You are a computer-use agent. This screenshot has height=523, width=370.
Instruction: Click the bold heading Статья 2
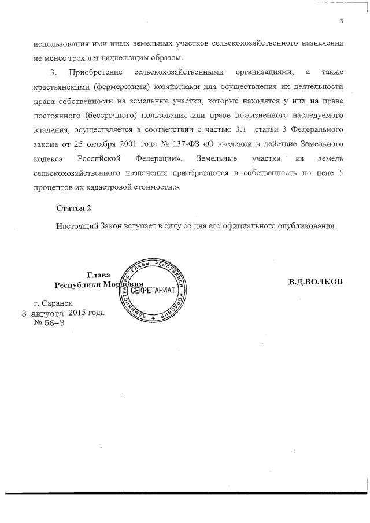coord(73,207)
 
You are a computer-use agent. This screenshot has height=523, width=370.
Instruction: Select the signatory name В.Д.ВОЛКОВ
coord(316,281)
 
